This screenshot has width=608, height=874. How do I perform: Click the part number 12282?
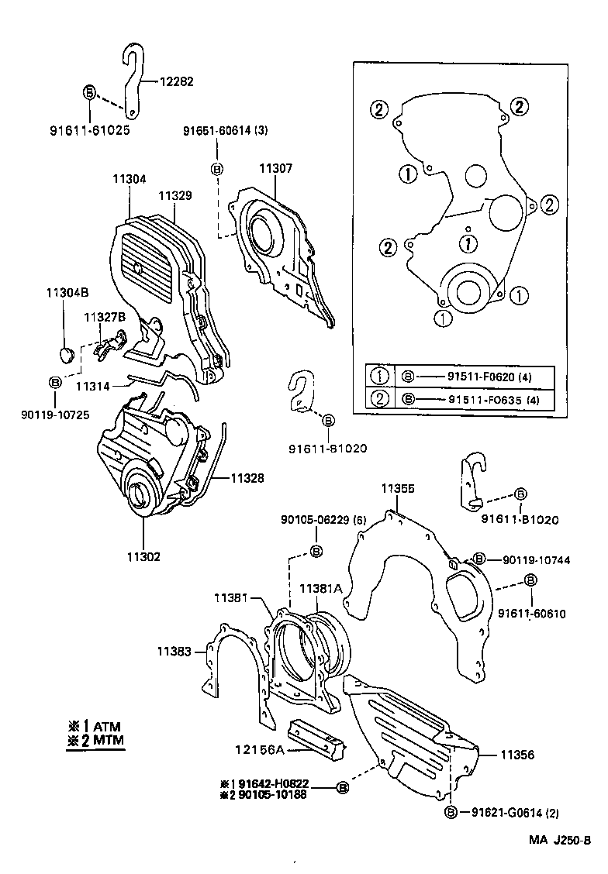(x=177, y=81)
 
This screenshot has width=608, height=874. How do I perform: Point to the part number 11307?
(x=275, y=168)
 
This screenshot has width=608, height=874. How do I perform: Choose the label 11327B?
(x=105, y=317)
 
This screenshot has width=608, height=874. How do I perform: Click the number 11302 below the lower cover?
(x=144, y=557)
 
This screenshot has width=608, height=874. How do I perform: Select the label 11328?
(x=246, y=479)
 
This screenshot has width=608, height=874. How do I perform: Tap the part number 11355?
(x=398, y=489)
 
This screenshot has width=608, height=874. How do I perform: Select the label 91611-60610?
(x=532, y=614)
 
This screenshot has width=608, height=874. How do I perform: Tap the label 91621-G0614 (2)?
(x=514, y=812)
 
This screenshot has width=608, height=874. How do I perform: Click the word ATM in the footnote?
(x=107, y=726)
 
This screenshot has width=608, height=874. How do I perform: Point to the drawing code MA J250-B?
(x=560, y=841)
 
